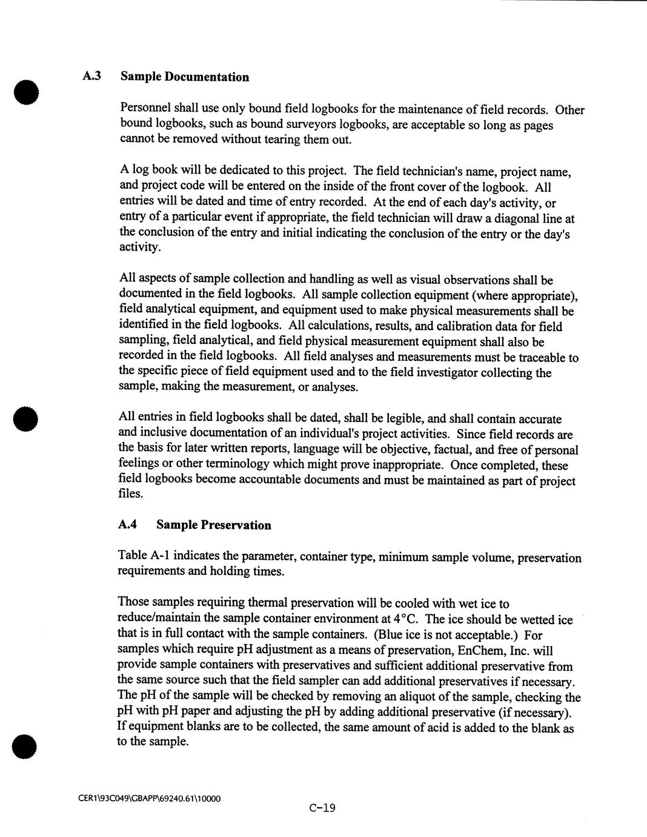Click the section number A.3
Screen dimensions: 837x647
(92, 76)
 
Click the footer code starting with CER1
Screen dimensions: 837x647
(149, 798)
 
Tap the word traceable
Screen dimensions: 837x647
(541, 358)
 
